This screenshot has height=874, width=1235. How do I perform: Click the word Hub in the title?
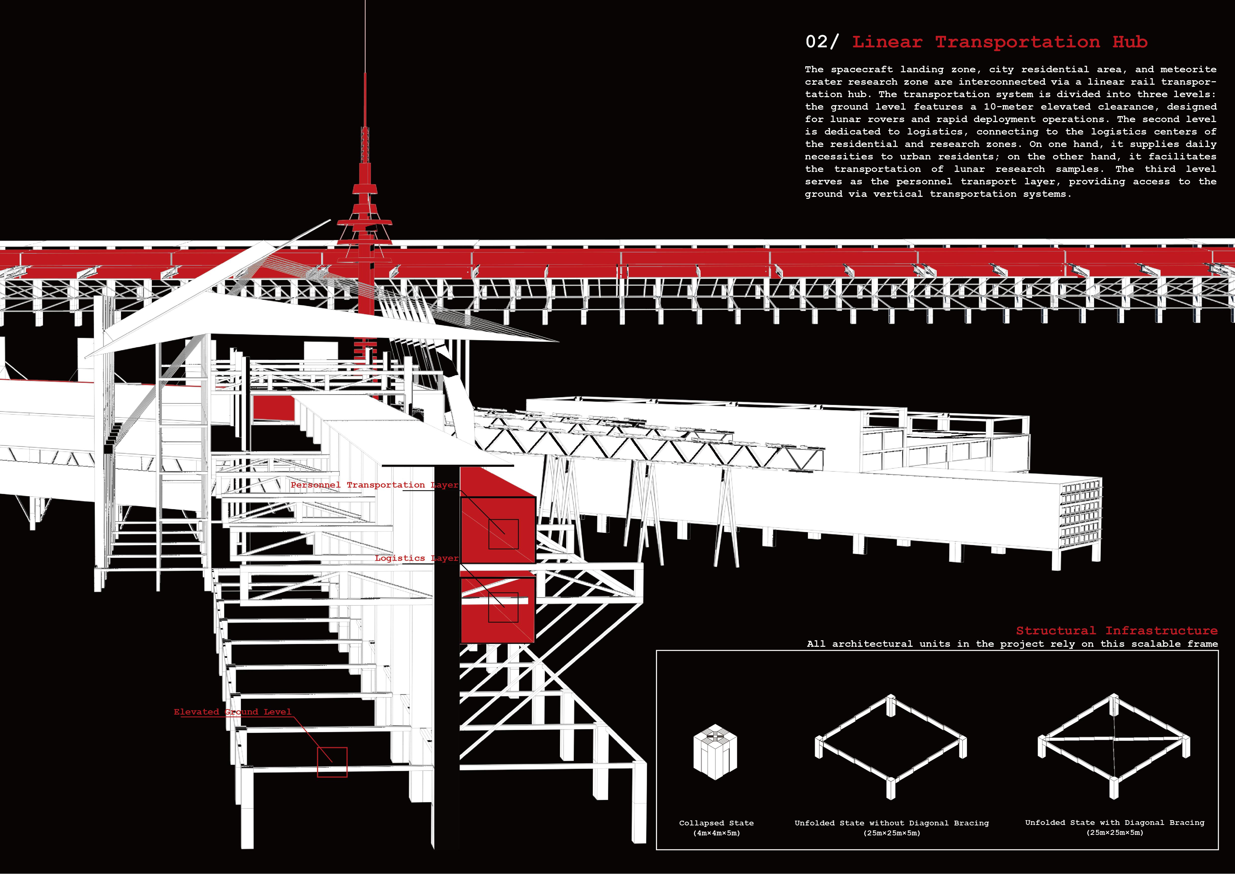click(1130, 42)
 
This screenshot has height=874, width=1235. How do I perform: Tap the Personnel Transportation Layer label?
click(374, 485)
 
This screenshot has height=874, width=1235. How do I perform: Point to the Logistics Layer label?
click(417, 558)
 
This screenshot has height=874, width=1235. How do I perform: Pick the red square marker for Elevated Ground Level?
click(332, 762)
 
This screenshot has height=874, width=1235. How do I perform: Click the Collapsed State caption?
click(716, 823)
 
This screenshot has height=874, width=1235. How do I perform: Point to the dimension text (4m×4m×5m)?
click(716, 833)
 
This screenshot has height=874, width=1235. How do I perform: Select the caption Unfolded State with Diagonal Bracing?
click(1115, 822)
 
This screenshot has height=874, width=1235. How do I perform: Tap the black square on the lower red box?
click(503, 608)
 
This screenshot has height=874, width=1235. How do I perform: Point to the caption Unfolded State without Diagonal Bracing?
click(891, 823)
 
